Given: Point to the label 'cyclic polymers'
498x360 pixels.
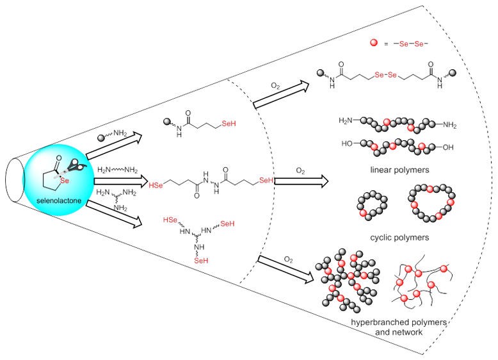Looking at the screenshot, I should [x=390, y=238].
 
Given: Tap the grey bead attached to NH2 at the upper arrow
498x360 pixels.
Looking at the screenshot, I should [x=101, y=137].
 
